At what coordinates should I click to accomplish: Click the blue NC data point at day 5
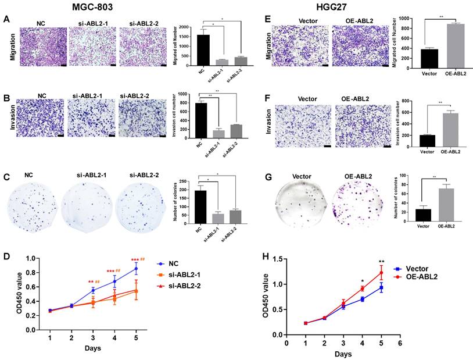(x=137, y=269)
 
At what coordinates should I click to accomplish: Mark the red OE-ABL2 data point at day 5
(x=382, y=273)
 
